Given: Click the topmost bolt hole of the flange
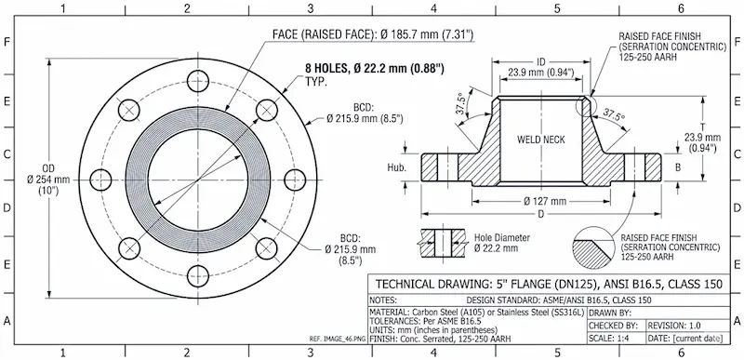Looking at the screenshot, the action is [x=198, y=81].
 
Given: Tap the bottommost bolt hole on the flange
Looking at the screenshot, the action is [x=198, y=276].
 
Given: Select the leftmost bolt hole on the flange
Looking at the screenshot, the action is [x=100, y=180].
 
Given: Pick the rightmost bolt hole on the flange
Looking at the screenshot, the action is [x=296, y=180].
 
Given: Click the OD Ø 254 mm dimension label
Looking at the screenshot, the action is [x=48, y=180].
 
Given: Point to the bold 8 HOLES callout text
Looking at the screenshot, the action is [x=375, y=69].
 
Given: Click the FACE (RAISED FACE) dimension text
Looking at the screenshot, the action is [x=374, y=34].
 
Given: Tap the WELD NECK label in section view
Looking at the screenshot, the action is [x=541, y=140].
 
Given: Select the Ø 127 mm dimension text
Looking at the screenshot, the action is [x=545, y=201].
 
